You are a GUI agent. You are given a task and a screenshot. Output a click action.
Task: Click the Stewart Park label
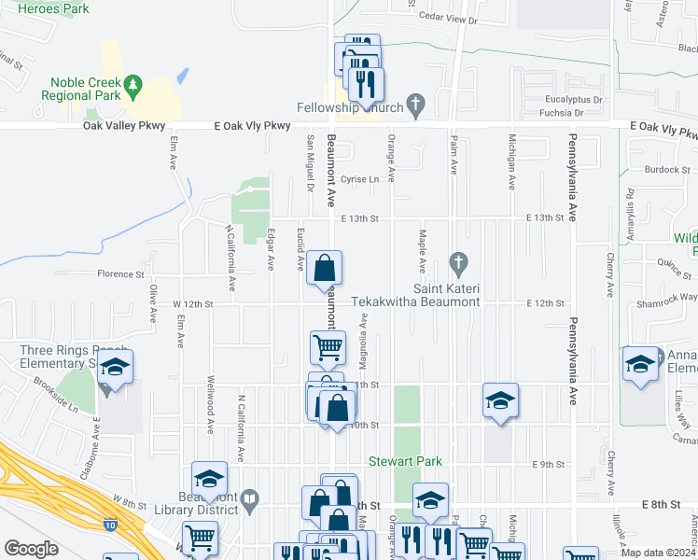pos(405,461)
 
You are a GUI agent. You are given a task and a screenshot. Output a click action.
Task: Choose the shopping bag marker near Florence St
pos(324,269)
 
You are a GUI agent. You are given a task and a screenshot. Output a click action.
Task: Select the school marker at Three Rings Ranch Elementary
pos(116,368)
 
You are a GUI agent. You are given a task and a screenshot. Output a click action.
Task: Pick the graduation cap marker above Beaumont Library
pos(210,481)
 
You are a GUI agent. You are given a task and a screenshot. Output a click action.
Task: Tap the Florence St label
pos(121,274)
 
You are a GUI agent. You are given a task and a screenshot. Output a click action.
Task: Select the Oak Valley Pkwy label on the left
pos(124,126)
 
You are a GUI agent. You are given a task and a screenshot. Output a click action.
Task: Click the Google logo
pos(31,548)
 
